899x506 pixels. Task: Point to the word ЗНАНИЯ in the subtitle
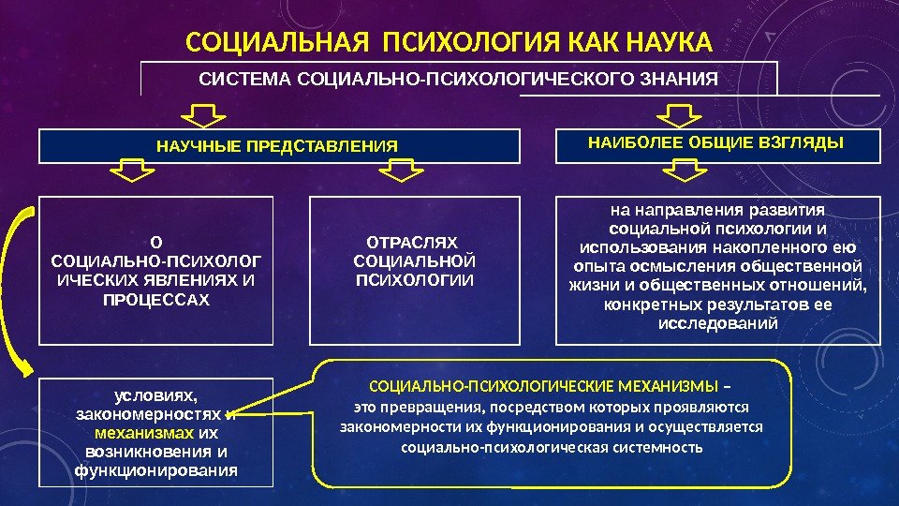685,79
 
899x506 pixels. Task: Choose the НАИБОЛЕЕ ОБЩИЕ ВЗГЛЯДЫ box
717,145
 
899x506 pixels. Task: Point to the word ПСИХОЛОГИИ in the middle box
415,280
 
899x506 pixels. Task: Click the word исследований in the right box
718,323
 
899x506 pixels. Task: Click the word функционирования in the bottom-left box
156,469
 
